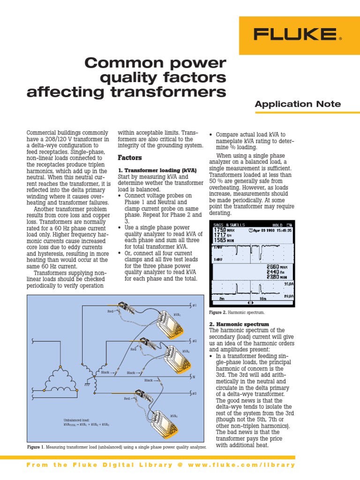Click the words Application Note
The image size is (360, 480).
[x=298, y=104]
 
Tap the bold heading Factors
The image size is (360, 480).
[x=129, y=158]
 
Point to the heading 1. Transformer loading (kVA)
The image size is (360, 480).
[x=157, y=170]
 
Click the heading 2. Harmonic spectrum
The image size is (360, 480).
[x=239, y=324]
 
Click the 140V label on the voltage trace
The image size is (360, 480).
[x=218, y=259]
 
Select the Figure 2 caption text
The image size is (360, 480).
[x=237, y=312]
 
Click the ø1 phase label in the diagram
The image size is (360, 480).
[x=195, y=306]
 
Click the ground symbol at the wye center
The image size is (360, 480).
[x=88, y=383]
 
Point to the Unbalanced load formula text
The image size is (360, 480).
[x=86, y=422]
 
